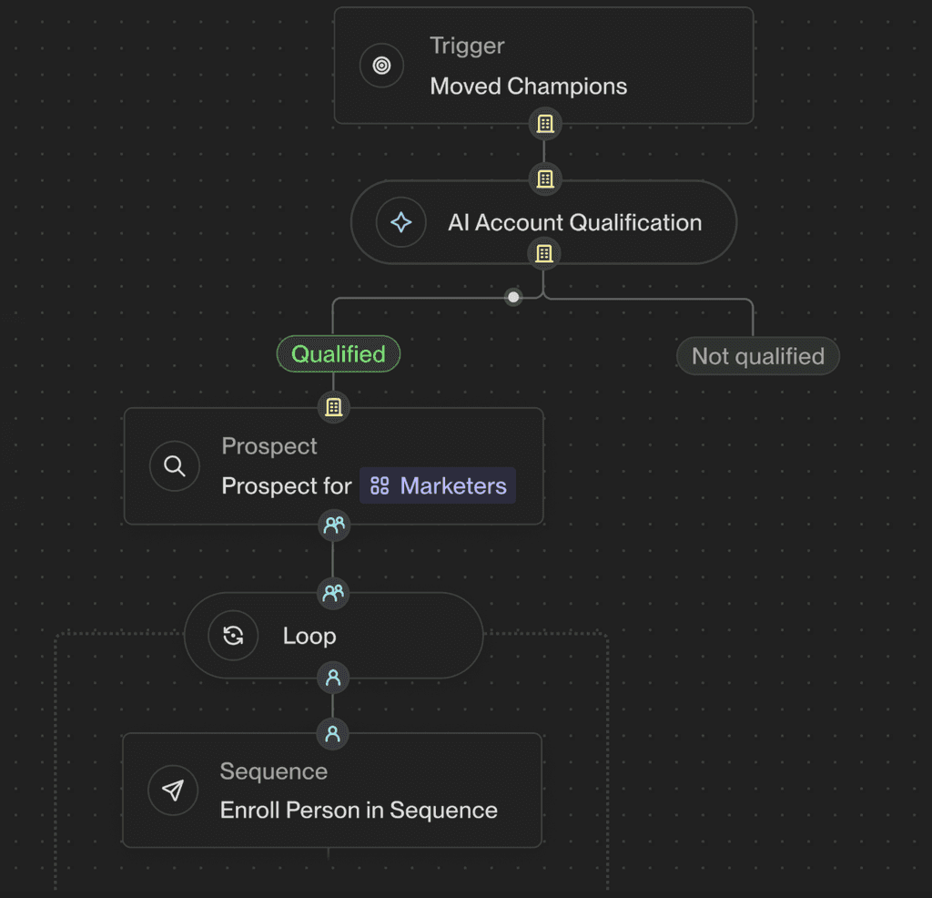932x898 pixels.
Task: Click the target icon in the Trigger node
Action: coord(381,66)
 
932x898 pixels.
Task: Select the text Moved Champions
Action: coord(529,87)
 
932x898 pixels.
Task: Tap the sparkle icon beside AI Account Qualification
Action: coord(401,222)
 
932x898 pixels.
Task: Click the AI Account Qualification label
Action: coord(575,223)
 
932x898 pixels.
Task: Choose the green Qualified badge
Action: coord(339,354)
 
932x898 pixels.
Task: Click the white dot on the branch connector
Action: coord(513,297)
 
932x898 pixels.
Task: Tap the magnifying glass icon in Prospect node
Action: coord(174,466)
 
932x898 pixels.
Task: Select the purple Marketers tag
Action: coord(438,485)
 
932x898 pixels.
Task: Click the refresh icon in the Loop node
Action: coord(233,636)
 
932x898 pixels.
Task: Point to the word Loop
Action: coord(309,637)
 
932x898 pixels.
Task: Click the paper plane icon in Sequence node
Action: coord(173,791)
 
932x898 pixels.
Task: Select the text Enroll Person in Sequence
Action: coord(359,811)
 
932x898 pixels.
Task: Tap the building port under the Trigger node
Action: coord(545,124)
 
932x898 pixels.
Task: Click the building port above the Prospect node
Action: coord(333,407)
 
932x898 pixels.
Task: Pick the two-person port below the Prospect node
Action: coord(334,526)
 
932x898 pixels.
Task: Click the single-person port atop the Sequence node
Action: coord(333,734)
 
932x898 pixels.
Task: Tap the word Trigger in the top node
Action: coord(467,46)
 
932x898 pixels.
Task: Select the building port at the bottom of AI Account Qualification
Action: coord(544,254)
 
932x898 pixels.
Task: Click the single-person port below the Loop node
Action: coord(333,678)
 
